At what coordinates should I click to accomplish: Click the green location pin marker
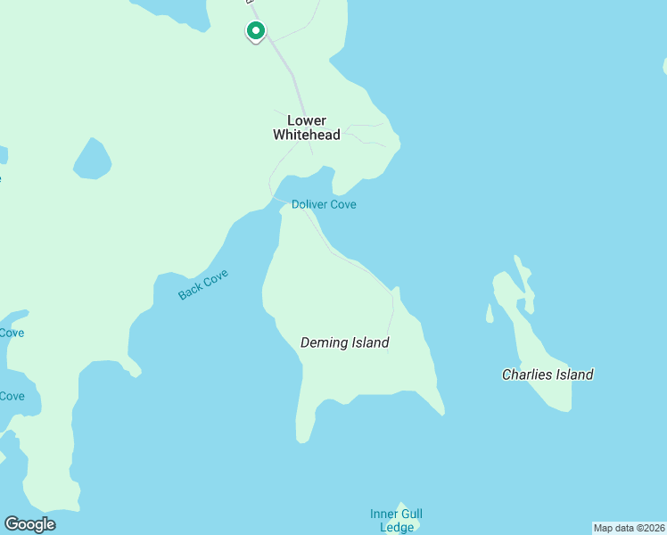[x=256, y=31]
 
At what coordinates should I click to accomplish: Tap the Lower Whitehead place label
[x=306, y=128]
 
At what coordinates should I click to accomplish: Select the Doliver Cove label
[x=324, y=204]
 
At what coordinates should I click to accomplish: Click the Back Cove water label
[x=203, y=284]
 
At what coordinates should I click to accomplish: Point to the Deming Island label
[x=345, y=342]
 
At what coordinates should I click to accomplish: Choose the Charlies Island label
[x=548, y=374]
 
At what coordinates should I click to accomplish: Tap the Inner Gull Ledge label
[x=396, y=520]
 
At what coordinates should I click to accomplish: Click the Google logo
[x=29, y=524]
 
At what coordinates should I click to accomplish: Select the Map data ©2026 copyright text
[x=629, y=528]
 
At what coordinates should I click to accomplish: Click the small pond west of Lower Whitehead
[x=92, y=159]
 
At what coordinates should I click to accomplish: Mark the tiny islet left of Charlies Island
[x=490, y=313]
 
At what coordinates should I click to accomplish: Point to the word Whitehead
[x=306, y=135]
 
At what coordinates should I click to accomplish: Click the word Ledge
[x=397, y=527]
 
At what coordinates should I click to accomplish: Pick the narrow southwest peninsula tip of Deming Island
[x=304, y=435]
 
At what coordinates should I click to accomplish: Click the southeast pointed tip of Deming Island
[x=441, y=412]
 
